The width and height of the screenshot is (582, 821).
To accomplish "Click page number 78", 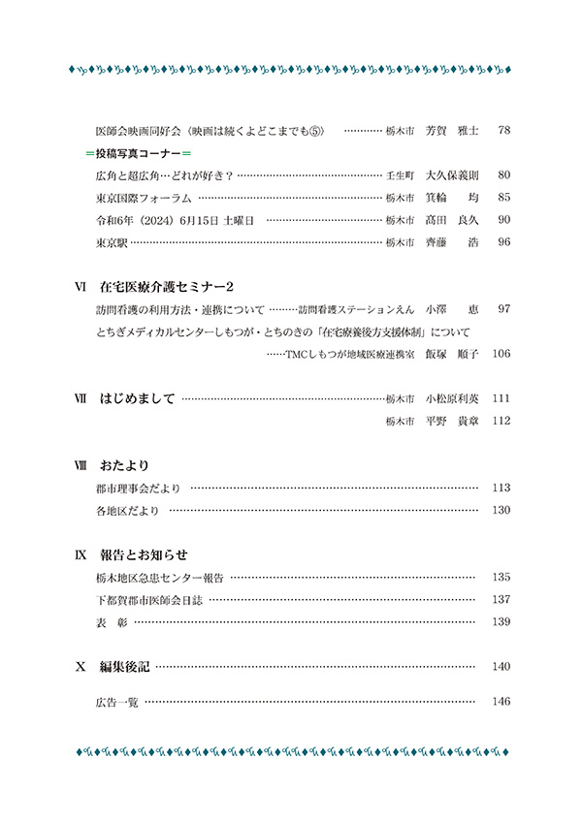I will coord(502,130).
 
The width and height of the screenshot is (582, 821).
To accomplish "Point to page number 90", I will coord(502,220).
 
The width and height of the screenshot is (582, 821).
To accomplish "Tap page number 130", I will coord(501,510).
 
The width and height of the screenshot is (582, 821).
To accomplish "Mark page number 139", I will coord(501,621).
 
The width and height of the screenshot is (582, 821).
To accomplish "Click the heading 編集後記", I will coord(125,666).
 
